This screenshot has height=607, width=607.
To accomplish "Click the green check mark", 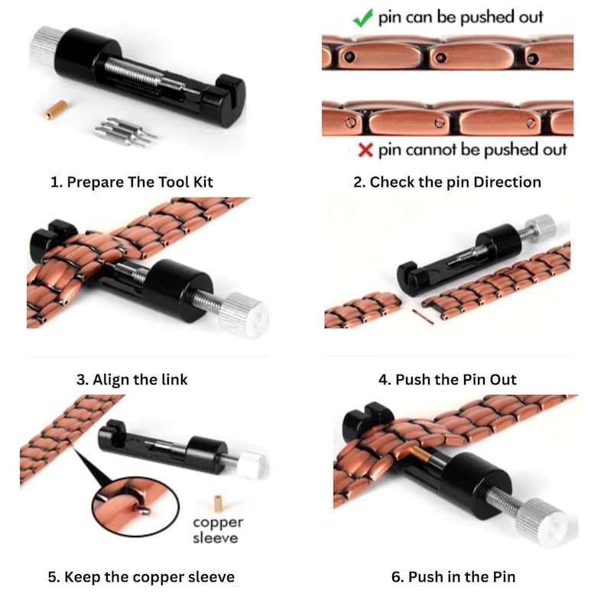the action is point(362,18).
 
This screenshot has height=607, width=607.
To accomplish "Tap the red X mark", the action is point(365,150).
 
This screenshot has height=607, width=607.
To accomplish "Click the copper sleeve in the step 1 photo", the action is point(56,109).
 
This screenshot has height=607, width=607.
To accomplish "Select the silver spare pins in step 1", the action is point(125,131).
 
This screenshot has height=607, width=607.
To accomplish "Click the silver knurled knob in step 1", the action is point(45,45).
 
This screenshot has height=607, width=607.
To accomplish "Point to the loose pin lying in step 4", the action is point(423,316).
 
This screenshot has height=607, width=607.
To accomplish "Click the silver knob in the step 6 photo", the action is point(547,522).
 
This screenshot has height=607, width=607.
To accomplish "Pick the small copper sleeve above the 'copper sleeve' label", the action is point(219,503).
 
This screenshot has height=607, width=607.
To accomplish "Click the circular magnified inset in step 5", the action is point(135,507).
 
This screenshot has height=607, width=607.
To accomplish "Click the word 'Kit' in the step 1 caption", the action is point(203,182).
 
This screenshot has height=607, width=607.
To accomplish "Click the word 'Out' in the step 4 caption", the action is point(503,379).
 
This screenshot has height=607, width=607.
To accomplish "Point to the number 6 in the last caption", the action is point(396,577).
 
